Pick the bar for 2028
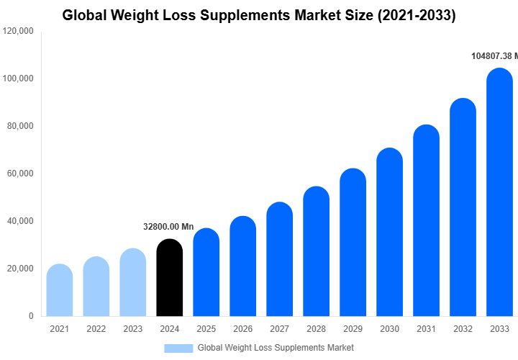click(x=316, y=251)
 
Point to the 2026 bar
click(x=242, y=266)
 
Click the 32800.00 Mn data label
click(x=168, y=227)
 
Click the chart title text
click(x=259, y=15)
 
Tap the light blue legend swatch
click(x=178, y=348)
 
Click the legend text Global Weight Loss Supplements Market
click(x=276, y=348)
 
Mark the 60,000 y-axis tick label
click(x=20, y=174)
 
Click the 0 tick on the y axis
click(x=30, y=316)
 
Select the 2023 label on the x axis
click(x=132, y=329)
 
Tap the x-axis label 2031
click(x=426, y=329)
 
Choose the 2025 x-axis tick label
click(x=206, y=329)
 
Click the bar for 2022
click(x=96, y=287)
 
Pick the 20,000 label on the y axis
click(x=20, y=269)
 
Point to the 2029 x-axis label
click(x=353, y=329)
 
